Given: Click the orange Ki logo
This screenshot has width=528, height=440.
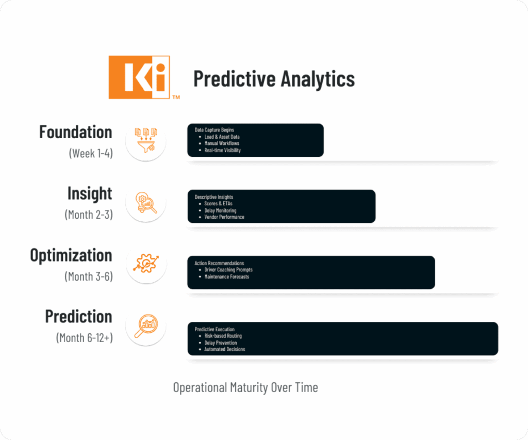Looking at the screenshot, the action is [139, 77].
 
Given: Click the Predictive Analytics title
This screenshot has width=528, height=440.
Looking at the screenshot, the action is [274, 79].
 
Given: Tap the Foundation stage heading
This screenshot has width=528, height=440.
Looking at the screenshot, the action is [75, 132].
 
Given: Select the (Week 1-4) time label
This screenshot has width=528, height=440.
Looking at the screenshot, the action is [91, 153].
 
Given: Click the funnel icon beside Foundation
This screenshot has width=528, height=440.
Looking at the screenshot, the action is [146, 140].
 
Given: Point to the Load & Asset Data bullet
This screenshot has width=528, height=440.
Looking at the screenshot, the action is [222, 137].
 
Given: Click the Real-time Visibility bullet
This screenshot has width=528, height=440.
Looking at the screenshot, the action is [223, 150].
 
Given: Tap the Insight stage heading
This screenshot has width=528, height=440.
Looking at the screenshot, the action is [90, 193].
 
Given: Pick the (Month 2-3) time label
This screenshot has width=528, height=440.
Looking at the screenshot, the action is [89, 215].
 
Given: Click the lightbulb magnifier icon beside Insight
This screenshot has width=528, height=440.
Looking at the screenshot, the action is [146, 203].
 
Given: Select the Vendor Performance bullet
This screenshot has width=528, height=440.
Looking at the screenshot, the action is [224, 217].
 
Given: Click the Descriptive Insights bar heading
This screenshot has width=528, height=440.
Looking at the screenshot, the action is [214, 197].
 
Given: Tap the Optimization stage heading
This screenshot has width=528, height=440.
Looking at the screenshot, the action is [71, 255].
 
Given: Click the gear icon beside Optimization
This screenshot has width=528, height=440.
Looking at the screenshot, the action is [146, 264].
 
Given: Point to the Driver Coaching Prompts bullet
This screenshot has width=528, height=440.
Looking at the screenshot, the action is [228, 270].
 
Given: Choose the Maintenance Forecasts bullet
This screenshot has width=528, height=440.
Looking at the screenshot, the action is [227, 276].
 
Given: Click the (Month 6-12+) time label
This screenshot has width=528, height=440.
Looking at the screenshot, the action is [85, 337].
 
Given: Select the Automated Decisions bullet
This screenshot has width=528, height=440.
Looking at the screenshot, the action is [225, 349].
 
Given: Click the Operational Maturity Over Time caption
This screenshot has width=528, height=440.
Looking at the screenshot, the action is [245, 387].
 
